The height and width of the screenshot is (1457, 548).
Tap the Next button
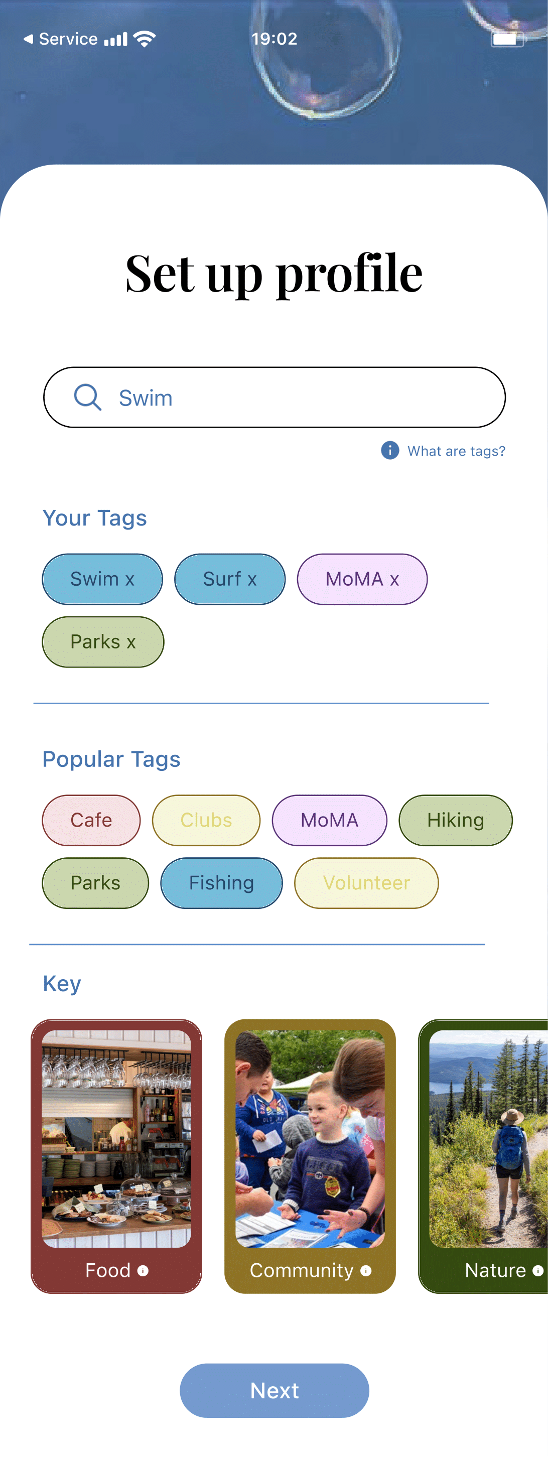[x=275, y=1390]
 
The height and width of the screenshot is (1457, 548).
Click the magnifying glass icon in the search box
[x=88, y=397]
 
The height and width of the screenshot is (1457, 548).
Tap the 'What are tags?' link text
[x=456, y=451]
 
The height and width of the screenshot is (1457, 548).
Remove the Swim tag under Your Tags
[x=130, y=580]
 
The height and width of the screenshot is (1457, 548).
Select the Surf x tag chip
[x=230, y=579]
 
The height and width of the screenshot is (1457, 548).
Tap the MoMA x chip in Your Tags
[x=362, y=579]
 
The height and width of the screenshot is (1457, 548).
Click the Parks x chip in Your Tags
[x=103, y=642]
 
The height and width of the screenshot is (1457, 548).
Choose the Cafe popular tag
[x=91, y=820]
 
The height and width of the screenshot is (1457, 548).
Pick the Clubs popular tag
[x=206, y=820]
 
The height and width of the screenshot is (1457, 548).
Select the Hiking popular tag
[x=455, y=820]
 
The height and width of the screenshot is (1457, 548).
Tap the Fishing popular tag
[x=221, y=883]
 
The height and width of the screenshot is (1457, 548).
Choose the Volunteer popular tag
[x=366, y=883]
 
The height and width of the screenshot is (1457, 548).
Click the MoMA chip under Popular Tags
[x=329, y=820]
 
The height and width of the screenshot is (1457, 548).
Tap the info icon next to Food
[x=143, y=1271]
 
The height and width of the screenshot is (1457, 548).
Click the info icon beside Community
[x=366, y=1271]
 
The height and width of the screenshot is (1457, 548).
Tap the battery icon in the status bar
[x=507, y=39]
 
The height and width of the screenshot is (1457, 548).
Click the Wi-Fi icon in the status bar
[x=145, y=39]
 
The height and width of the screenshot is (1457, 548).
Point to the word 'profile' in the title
[x=349, y=275]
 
